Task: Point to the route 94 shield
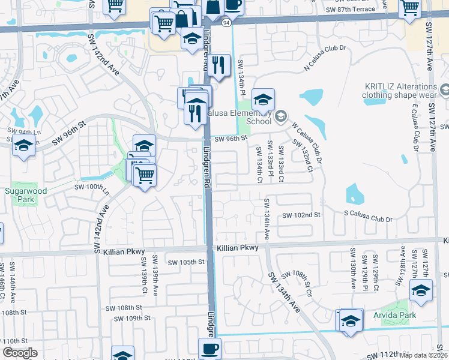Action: (x=226, y=23)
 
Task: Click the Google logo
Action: (x=20, y=353)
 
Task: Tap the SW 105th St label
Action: (x=186, y=263)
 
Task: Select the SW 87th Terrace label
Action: (x=350, y=10)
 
